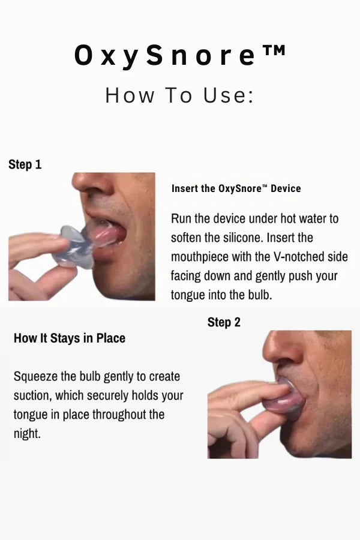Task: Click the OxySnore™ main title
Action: coord(180,55)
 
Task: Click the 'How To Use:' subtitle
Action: coord(179,95)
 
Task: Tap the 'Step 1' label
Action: coord(25,164)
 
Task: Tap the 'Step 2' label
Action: coord(224,323)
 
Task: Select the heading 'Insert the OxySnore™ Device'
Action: coord(236,189)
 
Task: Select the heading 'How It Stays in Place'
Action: coord(70,338)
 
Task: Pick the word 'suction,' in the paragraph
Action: coord(33,396)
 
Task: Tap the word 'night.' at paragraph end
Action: coord(27,434)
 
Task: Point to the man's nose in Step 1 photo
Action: coord(92,182)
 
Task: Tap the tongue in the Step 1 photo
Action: coord(106,233)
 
